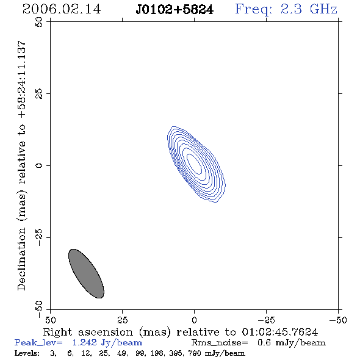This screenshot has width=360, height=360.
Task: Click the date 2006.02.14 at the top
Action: [x=62, y=9]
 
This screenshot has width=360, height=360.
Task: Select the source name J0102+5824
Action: [x=175, y=10]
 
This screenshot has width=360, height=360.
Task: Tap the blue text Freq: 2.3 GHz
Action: [x=286, y=10]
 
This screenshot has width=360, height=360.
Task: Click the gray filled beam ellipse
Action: [x=86, y=273]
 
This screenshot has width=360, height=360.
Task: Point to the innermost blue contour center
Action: [x=195, y=164]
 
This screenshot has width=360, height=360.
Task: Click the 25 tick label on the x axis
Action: [x=122, y=320]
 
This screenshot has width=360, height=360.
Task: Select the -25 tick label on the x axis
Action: [x=266, y=320]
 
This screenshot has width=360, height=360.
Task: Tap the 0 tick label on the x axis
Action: [x=194, y=320]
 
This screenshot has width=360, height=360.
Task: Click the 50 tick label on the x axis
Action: [x=51, y=320]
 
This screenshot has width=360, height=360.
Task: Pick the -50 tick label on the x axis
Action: [x=338, y=320]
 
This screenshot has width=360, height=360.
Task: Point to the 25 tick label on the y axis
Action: [x=39, y=94]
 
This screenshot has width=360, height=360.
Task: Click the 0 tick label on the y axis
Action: [x=39, y=165]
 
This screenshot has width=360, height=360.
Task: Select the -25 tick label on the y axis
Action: [x=39, y=237]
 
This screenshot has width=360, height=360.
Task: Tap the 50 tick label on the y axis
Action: [x=39, y=22]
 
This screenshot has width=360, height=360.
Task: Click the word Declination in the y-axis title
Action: [x=21, y=259]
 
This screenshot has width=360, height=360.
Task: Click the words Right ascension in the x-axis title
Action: [x=88, y=332]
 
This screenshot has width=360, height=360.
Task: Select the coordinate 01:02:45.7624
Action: [x=280, y=332]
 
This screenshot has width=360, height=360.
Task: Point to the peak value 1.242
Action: [x=84, y=342]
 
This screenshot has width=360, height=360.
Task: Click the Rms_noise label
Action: [x=220, y=343]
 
